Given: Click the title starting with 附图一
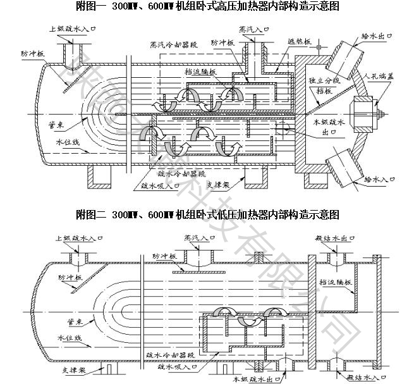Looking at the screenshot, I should pos(207,7).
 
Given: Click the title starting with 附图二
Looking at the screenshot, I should pos(207,214).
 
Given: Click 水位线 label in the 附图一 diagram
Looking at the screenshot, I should pos(68,142).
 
